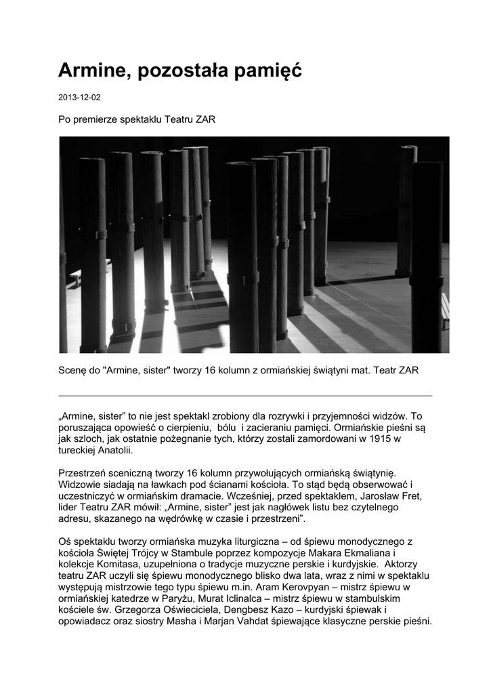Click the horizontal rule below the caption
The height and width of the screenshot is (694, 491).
[x=245, y=395]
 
